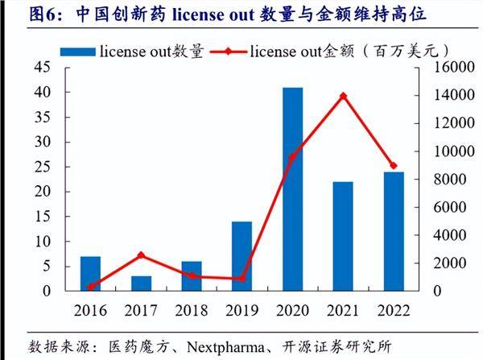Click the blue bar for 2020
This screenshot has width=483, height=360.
tap(292, 188)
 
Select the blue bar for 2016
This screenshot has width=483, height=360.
tap(90, 273)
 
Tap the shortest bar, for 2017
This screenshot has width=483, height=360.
tap(141, 283)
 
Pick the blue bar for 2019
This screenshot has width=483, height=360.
tap(242, 255)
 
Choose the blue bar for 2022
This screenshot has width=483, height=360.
tap(394, 231)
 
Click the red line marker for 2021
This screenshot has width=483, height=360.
tap(343, 96)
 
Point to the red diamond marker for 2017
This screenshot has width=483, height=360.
tap(141, 255)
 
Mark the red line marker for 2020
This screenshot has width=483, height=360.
tap(292, 157)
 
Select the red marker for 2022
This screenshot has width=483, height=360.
tap(394, 165)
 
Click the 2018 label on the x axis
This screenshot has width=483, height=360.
tap(191, 310)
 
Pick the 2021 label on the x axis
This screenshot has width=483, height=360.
tap(343, 310)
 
